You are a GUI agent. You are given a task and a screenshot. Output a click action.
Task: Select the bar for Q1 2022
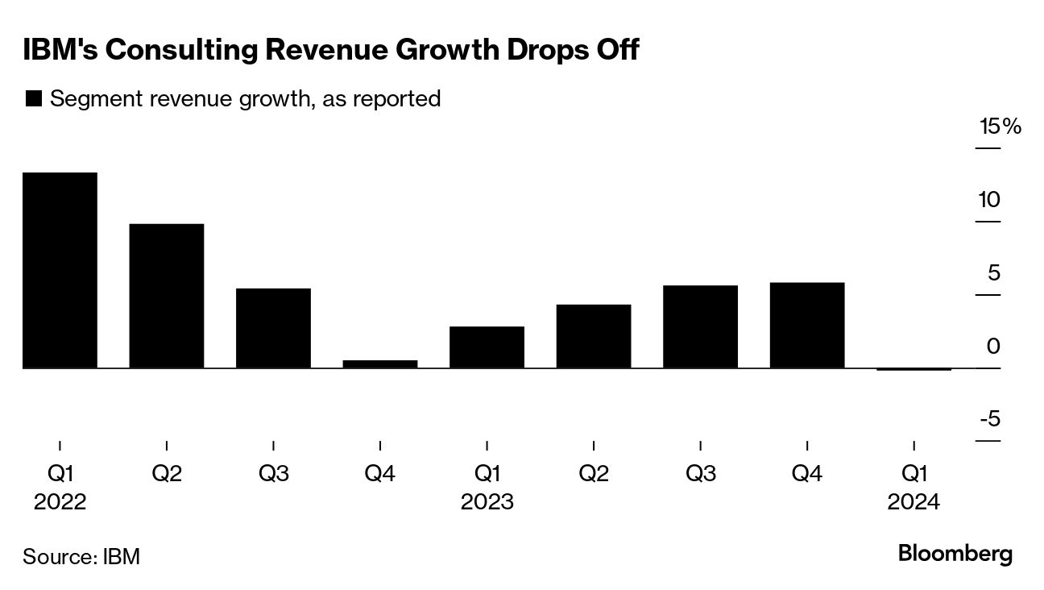tap(60, 270)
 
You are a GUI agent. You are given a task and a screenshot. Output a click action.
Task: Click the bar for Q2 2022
tap(167, 296)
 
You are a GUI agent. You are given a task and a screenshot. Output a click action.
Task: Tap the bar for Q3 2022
tap(273, 328)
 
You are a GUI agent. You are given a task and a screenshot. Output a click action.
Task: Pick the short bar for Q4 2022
tap(380, 364)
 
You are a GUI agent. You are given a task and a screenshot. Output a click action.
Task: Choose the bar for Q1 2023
tap(487, 347)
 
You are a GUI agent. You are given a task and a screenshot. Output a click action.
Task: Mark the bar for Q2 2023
tap(594, 336)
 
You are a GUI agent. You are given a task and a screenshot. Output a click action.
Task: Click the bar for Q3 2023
tap(700, 326)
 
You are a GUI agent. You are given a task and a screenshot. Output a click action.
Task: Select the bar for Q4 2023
tap(807, 325)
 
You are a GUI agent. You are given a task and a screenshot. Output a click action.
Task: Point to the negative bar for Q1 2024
tap(913, 369)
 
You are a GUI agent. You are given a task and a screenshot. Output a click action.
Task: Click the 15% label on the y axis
tap(1000, 127)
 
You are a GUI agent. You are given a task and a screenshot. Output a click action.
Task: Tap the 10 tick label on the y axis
tap(989, 200)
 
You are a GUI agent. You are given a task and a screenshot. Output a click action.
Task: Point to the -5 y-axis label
tap(989, 419)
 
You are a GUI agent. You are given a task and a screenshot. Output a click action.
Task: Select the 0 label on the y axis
tap(993, 346)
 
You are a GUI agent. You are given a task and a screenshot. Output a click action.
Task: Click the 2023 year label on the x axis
tap(487, 501)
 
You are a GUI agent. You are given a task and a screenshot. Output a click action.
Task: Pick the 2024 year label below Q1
tap(913, 501)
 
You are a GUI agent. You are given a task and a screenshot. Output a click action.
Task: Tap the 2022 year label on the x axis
tap(60, 501)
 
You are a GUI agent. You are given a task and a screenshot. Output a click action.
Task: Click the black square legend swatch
tap(34, 99)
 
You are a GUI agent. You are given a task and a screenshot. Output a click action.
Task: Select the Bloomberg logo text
tap(955, 555)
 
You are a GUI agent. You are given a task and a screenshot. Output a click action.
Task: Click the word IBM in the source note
tap(121, 556)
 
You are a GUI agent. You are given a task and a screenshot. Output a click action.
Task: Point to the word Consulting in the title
tap(185, 50)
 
